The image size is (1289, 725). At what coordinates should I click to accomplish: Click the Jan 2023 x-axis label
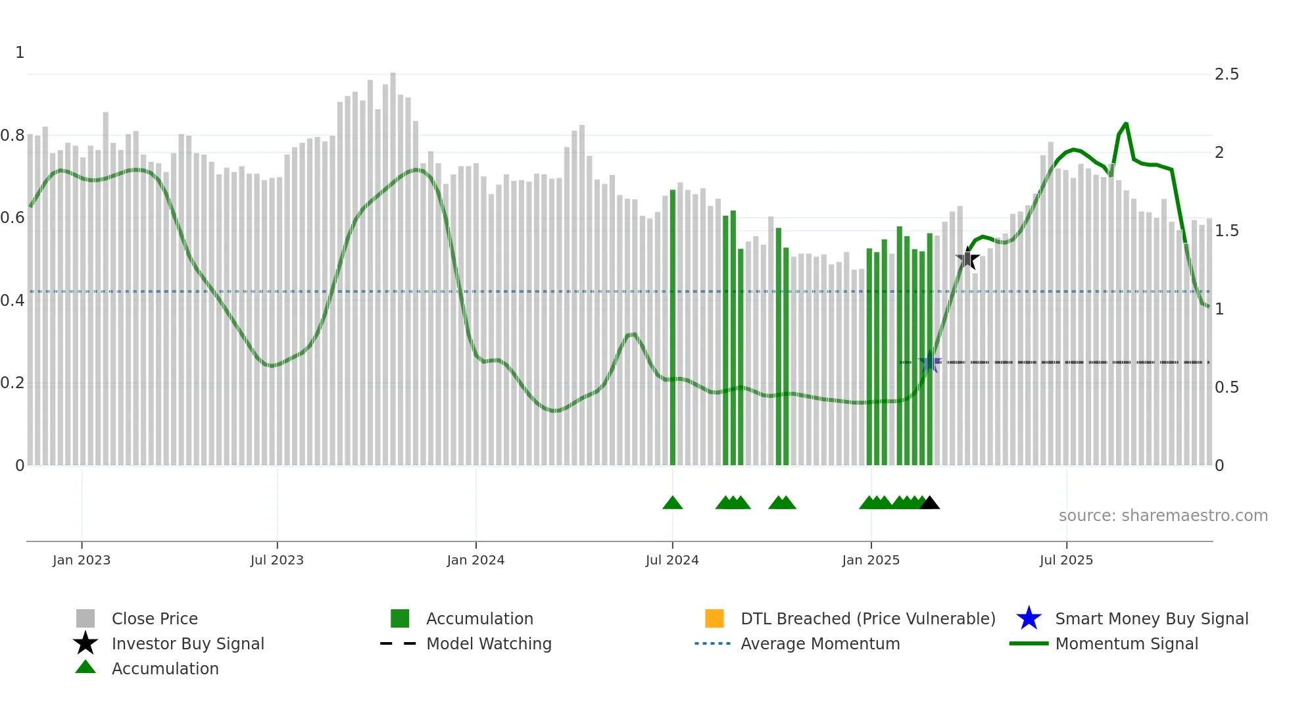tap(82, 560)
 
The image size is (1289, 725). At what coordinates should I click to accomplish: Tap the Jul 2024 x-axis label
tap(672, 560)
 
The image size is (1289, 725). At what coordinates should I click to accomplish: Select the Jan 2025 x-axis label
tap(871, 560)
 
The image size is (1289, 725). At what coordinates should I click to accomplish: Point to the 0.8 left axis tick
tap(12, 136)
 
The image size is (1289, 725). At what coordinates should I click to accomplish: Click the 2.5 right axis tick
tap(1227, 74)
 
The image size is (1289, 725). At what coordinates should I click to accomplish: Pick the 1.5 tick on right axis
tap(1227, 231)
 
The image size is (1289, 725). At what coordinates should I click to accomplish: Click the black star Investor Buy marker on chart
tap(967, 259)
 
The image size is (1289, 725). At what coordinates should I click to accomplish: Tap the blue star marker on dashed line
tap(929, 362)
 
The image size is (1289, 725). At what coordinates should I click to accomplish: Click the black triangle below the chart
tap(929, 503)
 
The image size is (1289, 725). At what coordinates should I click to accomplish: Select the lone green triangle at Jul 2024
tap(672, 503)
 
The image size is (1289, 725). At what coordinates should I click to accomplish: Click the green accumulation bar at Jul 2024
tap(672, 329)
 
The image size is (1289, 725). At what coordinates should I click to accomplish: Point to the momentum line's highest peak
tap(1126, 124)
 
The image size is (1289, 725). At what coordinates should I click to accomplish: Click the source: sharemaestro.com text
tap(1163, 516)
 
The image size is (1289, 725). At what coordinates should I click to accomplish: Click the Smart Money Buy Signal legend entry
tap(1151, 618)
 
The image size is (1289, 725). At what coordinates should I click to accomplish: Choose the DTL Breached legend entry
tap(867, 618)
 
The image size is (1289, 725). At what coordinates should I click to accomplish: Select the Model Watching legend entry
tap(488, 643)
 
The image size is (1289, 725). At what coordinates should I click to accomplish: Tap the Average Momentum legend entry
tap(819, 643)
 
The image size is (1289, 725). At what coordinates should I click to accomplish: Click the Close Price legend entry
tap(154, 618)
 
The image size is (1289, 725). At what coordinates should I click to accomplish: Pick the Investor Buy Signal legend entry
tap(187, 643)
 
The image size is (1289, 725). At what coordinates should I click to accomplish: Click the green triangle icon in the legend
tap(85, 668)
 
